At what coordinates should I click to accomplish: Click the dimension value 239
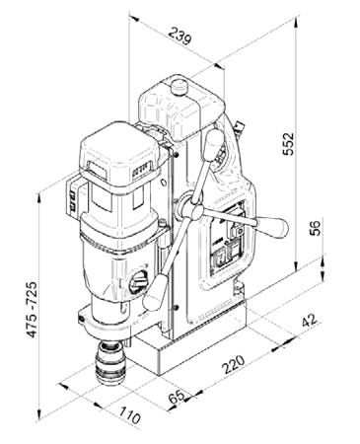pos(180,36)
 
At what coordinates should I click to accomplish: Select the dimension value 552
pos(289,144)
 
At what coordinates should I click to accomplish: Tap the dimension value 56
pos(315,228)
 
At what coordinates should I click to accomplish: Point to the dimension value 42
pos(310,320)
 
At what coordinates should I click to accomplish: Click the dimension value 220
pos(234,364)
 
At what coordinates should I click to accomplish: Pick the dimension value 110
pos(129,415)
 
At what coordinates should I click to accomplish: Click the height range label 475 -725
pos(32,309)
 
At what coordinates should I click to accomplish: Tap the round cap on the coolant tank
pos(180,86)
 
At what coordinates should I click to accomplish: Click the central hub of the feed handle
pos(197,211)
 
